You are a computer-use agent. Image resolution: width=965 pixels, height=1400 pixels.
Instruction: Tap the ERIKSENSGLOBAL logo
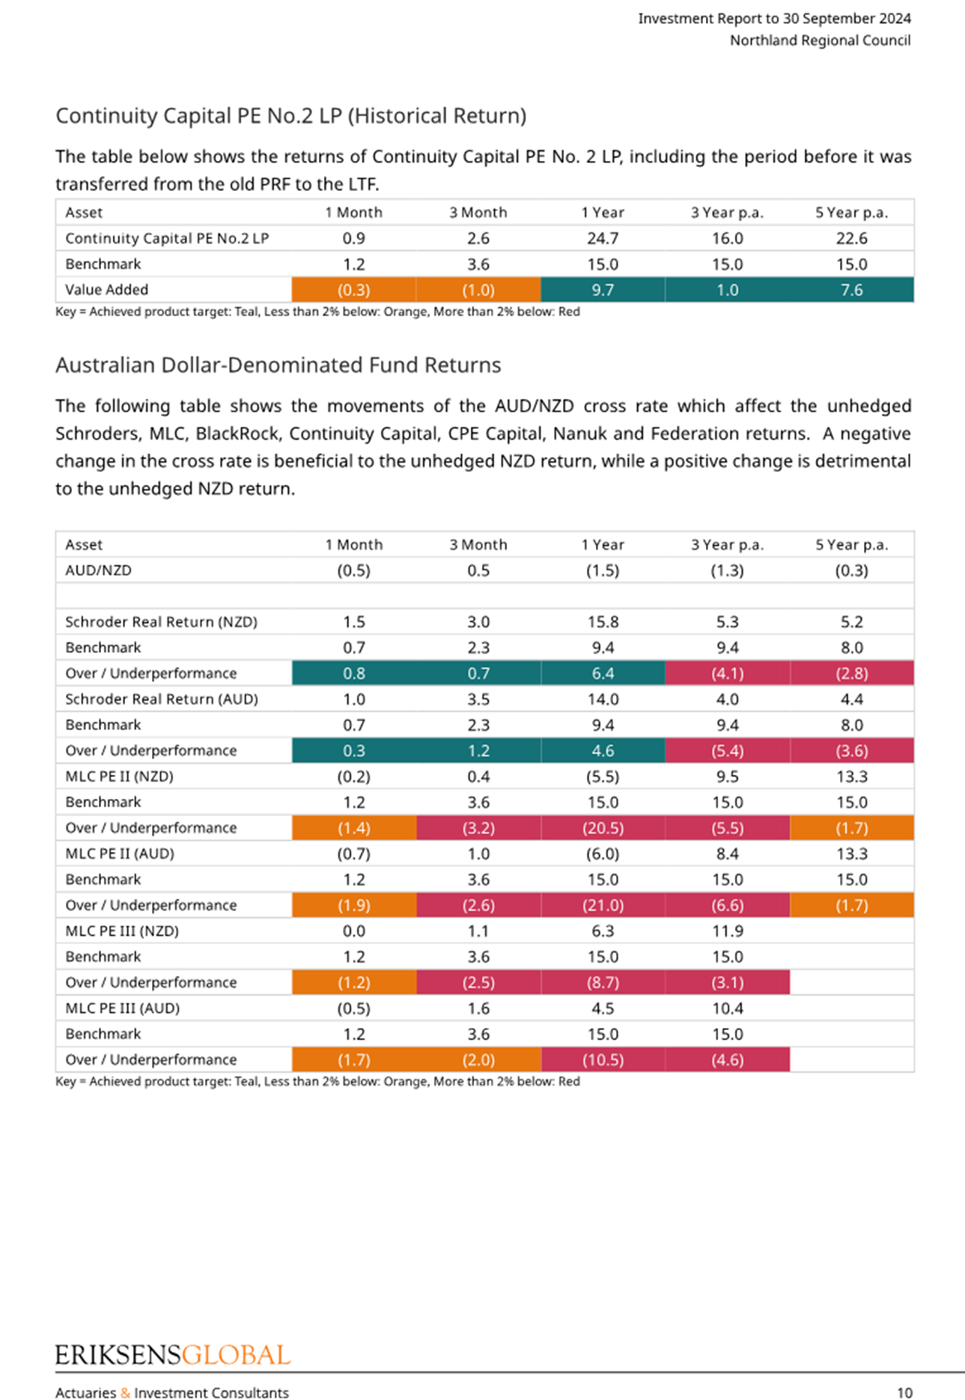173,1355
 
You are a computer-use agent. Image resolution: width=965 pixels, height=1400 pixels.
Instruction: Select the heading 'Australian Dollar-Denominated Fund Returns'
278,365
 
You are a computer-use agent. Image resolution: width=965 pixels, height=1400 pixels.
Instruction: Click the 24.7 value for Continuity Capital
603,238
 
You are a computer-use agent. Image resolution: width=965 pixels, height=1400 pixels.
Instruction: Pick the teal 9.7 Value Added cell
603,290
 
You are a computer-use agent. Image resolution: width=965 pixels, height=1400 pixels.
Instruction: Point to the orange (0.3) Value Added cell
354,290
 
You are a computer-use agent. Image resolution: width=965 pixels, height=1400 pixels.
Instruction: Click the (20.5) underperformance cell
603,828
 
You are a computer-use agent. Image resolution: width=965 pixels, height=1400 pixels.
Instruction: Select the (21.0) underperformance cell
603,905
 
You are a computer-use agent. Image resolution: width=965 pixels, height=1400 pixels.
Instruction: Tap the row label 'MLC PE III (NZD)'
122,931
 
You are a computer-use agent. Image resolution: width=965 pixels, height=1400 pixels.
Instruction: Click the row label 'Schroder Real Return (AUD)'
162,699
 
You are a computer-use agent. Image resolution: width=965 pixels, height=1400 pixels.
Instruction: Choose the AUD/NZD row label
98,570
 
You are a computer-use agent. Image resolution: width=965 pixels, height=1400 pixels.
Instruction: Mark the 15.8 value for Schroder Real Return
603,622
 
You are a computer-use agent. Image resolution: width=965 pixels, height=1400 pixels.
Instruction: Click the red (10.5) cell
603,1060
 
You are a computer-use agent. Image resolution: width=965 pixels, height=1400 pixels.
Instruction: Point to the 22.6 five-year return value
852,238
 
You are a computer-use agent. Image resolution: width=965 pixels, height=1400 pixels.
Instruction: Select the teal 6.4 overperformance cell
603,673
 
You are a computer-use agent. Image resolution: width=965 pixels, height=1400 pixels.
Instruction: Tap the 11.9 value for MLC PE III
728,931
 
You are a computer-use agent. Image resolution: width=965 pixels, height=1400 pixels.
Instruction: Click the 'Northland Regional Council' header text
821,40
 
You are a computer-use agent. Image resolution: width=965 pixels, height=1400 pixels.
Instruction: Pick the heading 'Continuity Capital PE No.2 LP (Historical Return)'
291,116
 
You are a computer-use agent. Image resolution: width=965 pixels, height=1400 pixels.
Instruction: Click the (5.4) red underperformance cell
728,751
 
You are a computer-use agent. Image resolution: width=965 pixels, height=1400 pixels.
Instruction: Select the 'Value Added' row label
106,290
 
